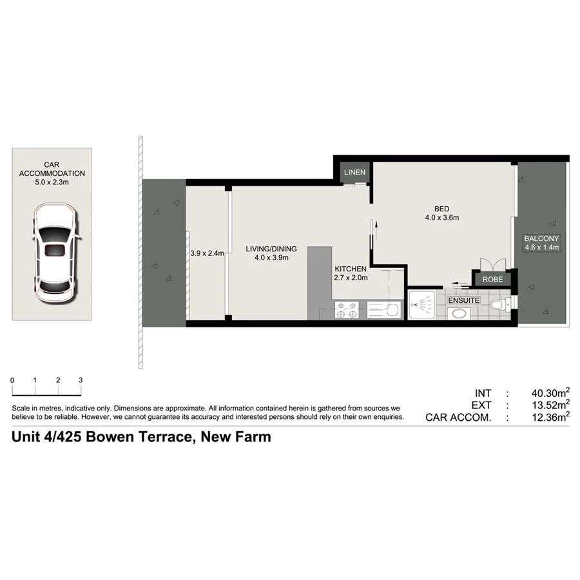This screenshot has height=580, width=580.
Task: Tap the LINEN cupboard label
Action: click(354, 172)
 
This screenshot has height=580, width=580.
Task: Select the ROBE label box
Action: click(493, 279)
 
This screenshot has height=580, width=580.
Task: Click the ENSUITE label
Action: click(463, 300)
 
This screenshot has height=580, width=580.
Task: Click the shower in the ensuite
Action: click(423, 305)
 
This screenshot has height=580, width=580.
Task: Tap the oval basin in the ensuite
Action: click(458, 314)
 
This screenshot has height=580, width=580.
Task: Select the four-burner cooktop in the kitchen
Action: click(347, 310)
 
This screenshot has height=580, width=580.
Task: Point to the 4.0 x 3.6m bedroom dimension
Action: click(441, 218)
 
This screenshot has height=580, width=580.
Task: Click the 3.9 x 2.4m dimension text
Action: click(207, 253)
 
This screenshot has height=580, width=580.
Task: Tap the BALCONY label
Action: click(542, 238)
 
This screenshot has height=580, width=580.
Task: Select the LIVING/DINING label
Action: click(271, 249)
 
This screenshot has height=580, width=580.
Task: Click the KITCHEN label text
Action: click(350, 269)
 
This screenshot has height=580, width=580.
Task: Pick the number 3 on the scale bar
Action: click(81, 380)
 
